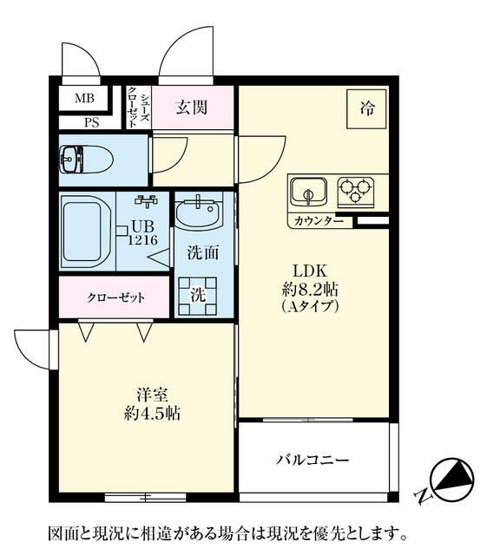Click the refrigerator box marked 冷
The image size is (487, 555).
[x=366, y=108]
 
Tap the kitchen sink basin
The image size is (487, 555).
[x=308, y=192]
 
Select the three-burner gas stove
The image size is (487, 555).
[x=355, y=192]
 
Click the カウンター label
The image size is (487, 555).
[x=319, y=222]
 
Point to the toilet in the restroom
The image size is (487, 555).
[x=86, y=160]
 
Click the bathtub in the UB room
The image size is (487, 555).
[x=86, y=231]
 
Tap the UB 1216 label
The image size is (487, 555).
[x=143, y=233]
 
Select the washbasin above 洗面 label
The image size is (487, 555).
[x=198, y=213]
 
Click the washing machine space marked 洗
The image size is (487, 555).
[x=198, y=297]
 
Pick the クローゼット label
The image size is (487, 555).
[x=116, y=297]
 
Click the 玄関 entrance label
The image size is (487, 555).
[x=192, y=108]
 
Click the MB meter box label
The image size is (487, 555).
[x=84, y=98]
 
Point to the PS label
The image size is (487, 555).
[x=92, y=123]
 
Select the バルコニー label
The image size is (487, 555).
[x=313, y=460]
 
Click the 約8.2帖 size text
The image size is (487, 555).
[x=311, y=290]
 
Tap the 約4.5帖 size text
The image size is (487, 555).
[x=153, y=413]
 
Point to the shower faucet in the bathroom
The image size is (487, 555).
[x=146, y=200]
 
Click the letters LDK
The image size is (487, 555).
[x=310, y=271]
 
